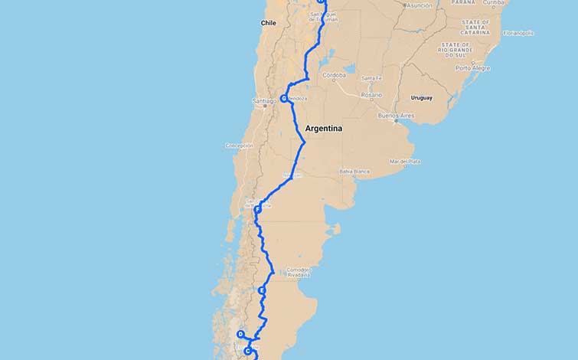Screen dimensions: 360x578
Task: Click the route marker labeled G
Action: click(283, 98)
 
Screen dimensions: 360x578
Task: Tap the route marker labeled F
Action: click(257, 209)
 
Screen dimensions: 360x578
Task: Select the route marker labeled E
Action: click(262, 291)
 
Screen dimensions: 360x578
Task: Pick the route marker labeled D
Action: click(240, 335)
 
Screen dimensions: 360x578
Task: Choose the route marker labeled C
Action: click(247, 352)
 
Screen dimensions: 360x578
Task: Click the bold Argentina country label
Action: click(323, 129)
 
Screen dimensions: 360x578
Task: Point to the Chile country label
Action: click(268, 23)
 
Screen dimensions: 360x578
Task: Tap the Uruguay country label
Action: click(422, 98)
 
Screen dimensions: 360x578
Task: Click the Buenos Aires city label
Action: click(396, 116)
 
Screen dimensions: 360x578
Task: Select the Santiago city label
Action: click(264, 101)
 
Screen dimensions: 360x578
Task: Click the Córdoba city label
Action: click(334, 75)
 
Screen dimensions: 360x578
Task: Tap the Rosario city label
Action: click(372, 95)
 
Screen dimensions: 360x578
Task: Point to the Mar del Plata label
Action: click(405, 162)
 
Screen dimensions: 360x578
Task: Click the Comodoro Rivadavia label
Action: click(298, 272)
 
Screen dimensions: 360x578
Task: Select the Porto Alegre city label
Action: click(473, 68)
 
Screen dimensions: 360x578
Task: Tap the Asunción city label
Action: click(419, 5)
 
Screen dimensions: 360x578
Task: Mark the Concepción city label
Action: click(239, 145)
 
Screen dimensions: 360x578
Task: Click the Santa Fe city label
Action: click(372, 78)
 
